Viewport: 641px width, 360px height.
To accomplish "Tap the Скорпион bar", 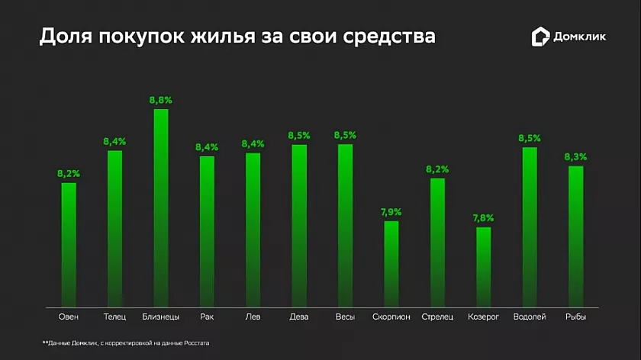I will pyautogui.click(x=391, y=262).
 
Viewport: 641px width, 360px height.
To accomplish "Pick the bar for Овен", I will pyautogui.click(x=69, y=243).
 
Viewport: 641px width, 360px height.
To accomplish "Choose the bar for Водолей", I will pyautogui.click(x=530, y=226).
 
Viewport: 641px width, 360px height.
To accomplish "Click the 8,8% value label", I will pyautogui.click(x=161, y=100).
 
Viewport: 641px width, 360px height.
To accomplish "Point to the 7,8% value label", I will pyautogui.click(x=484, y=218).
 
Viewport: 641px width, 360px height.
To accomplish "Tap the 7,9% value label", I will pyautogui.click(x=391, y=211).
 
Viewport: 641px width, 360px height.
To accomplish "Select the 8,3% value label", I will pyautogui.click(x=575, y=157).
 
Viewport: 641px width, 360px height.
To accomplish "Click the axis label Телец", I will pyautogui.click(x=114, y=316).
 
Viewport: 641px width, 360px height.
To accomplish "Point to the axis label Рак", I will pyautogui.click(x=207, y=316).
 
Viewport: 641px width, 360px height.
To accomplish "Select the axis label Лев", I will pyautogui.click(x=253, y=316).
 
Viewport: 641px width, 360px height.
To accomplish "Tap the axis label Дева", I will pyautogui.click(x=299, y=316).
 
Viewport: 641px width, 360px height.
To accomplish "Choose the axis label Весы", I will pyautogui.click(x=345, y=316).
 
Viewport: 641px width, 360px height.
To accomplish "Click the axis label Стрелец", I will pyautogui.click(x=437, y=316).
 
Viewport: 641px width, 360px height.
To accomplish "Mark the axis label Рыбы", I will pyautogui.click(x=575, y=316).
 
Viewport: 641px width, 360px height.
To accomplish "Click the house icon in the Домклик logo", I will pyautogui.click(x=540, y=36).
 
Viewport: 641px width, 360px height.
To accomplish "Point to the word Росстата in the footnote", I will pyautogui.click(x=195, y=344).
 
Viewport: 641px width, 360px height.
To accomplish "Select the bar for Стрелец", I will pyautogui.click(x=437, y=241).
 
